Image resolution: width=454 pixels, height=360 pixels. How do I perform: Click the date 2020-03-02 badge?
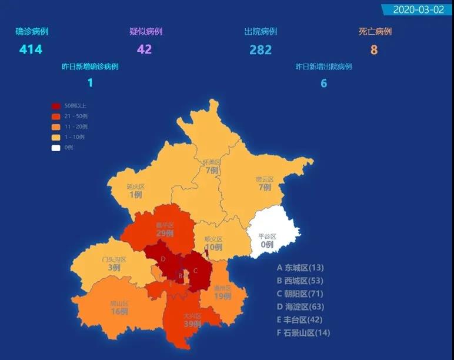tap(418, 10)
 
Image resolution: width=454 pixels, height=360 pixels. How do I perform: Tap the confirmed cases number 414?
tap(31, 49)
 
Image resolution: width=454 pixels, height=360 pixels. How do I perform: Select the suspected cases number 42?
tap(144, 49)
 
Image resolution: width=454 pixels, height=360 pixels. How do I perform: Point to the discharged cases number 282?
tap(261, 49)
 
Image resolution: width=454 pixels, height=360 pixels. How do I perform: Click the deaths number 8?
tap(374, 49)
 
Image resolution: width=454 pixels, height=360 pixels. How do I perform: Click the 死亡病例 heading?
tap(375, 32)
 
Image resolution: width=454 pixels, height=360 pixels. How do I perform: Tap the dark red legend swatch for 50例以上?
tap(56, 106)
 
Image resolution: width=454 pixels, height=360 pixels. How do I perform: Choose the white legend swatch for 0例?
tap(56, 148)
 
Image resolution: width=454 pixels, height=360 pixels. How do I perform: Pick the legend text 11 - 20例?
tap(76, 127)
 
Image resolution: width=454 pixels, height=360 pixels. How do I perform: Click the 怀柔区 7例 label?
tap(211, 166)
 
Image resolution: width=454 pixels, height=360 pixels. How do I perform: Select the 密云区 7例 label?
tap(265, 184)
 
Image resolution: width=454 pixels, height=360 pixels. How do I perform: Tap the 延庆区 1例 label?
tap(135, 191)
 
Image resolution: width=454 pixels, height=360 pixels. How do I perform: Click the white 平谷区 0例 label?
tap(267, 241)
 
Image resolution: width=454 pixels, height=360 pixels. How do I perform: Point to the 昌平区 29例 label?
tap(165, 229)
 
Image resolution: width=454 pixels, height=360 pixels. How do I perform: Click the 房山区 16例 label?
tap(119, 308)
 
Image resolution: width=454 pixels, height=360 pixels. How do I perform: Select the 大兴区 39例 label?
tap(192, 320)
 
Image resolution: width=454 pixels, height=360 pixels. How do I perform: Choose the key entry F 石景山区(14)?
tap(303, 333)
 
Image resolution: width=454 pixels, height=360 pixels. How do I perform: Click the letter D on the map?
tap(163, 259)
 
